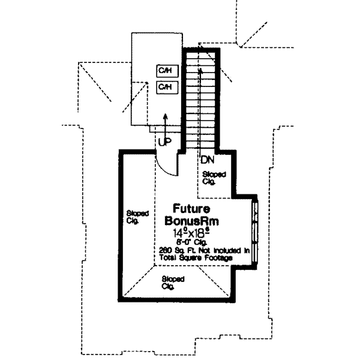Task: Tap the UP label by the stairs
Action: click(x=164, y=142)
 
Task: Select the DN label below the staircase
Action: click(x=207, y=160)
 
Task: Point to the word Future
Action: click(x=191, y=209)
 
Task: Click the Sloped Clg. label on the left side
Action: click(x=134, y=216)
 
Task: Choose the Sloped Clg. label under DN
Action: click(x=214, y=177)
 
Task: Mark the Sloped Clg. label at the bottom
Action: click(x=173, y=283)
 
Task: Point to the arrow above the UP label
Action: click(x=166, y=123)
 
